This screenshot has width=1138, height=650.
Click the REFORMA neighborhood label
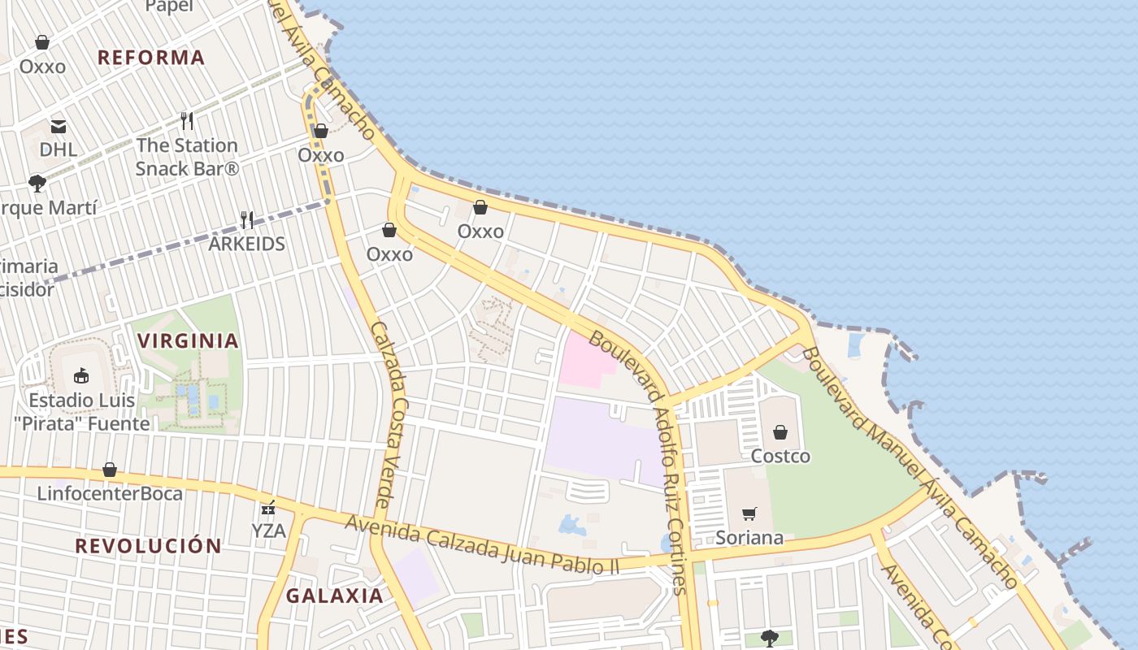click(151, 58)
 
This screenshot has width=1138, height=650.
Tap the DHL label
click(59, 149)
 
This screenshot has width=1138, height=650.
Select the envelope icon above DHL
click(59, 126)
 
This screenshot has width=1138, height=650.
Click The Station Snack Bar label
click(187, 157)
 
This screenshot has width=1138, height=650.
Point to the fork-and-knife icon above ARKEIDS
click(247, 219)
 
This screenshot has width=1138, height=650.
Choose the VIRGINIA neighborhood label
click(189, 340)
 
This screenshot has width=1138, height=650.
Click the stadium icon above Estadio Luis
click(81, 376)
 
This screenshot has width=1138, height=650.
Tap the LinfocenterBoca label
click(110, 493)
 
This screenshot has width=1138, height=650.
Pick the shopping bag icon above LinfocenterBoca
click(110, 470)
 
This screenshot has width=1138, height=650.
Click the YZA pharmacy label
click(268, 531)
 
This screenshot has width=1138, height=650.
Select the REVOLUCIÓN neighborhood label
click(149, 546)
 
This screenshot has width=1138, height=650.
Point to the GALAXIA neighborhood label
click(334, 596)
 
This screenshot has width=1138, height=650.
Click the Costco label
click(780, 456)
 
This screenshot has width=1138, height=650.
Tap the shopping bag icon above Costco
click(780, 432)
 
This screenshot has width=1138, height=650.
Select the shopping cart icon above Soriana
click(749, 513)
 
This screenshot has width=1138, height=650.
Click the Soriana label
click(749, 537)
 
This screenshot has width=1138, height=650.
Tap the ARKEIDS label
click(247, 244)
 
